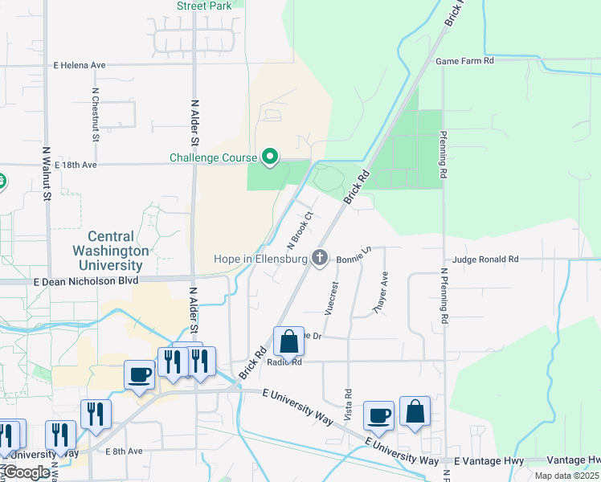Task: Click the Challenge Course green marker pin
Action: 271,157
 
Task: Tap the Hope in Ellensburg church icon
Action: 320,258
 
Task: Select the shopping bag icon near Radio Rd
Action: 288,341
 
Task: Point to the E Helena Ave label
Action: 80,65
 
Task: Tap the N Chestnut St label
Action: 96,115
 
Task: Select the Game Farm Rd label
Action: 464,60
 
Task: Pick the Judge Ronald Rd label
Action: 486,259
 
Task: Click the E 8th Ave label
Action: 123,451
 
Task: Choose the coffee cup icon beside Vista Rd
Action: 378,415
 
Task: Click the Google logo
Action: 27,472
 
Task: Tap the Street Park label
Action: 204,5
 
